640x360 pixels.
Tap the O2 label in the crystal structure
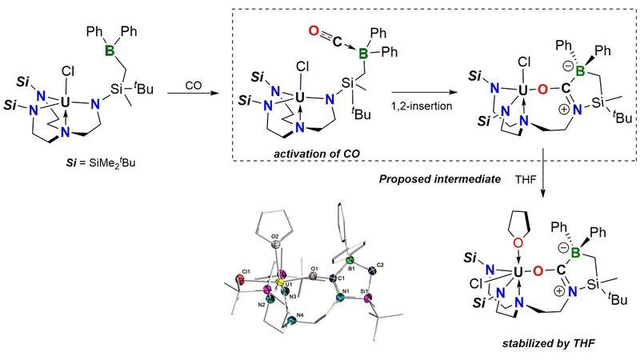point(275,237)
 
